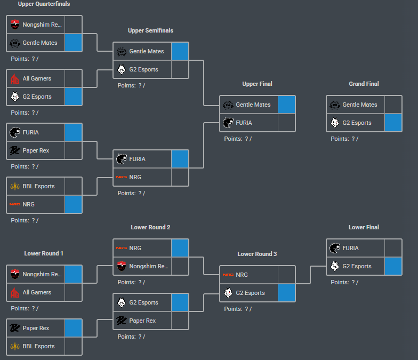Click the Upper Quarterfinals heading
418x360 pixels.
pos(44,4)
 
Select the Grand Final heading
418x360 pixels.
pos(364,84)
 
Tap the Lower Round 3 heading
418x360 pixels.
pos(257,254)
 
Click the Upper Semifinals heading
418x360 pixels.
pos(150,30)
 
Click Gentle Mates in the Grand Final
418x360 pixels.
pos(359,105)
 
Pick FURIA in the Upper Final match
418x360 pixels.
pos(244,123)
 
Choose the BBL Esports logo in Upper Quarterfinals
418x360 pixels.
pos(15,186)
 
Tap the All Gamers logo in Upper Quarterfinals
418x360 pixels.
pos(15,78)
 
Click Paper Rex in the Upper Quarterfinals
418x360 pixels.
pos(36,150)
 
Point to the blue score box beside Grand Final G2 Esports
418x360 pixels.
pos(393,123)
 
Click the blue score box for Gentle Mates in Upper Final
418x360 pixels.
pos(286,105)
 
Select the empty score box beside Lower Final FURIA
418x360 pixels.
pos(393,248)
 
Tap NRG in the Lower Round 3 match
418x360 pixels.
pos(242,275)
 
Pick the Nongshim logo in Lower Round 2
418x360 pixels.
pos(122,266)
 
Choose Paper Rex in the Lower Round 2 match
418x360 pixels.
pos(142,321)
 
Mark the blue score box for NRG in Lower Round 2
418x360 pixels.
pos(180,248)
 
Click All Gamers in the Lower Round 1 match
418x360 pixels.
pos(37,292)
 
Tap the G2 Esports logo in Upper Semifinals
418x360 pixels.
pos(122,69)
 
